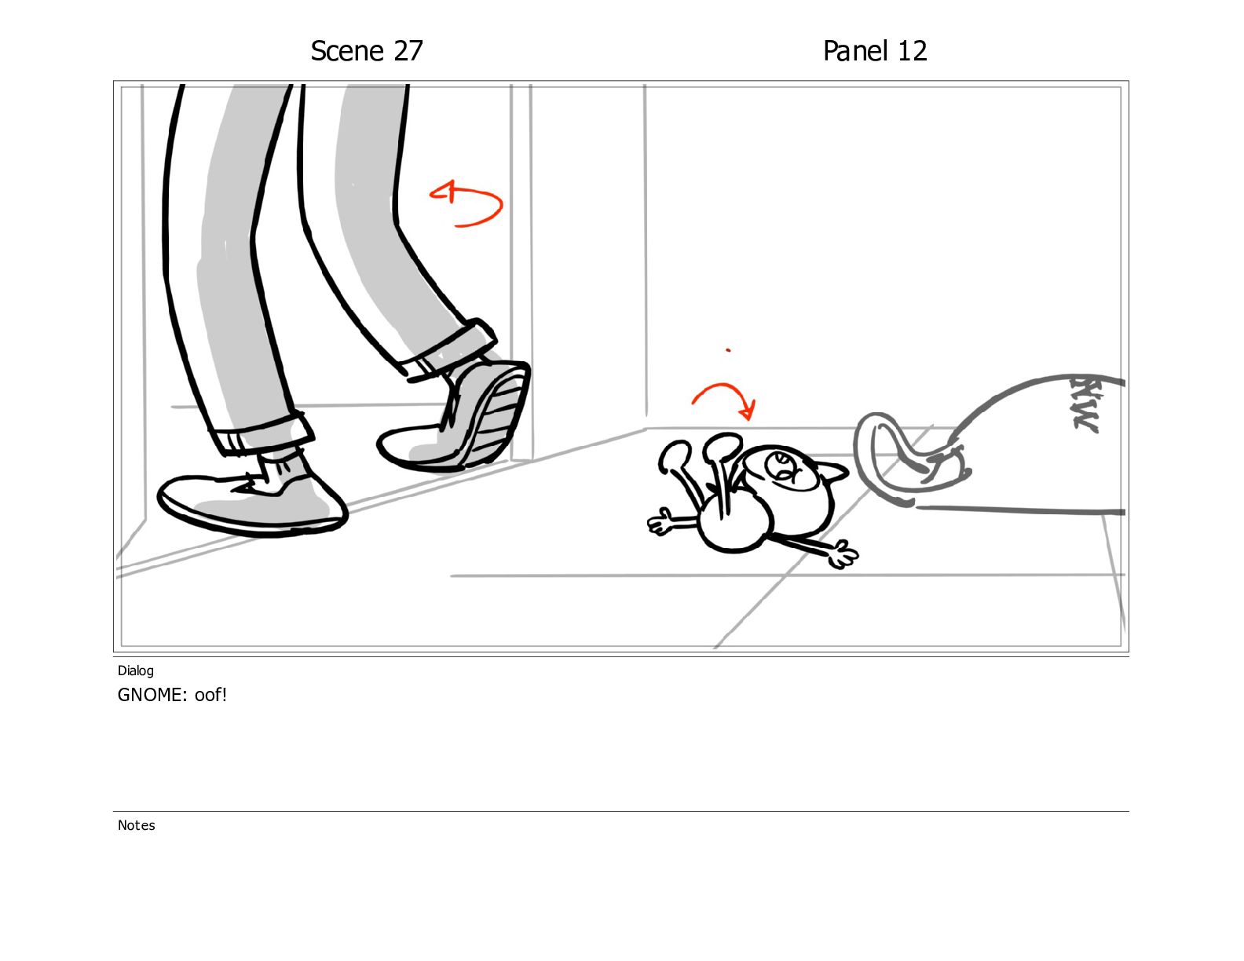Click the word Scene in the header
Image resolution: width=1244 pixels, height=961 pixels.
pyautogui.click(x=347, y=51)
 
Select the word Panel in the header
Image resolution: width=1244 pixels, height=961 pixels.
pyautogui.click(x=855, y=51)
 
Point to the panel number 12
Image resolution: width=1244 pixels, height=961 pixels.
pyautogui.click(x=912, y=51)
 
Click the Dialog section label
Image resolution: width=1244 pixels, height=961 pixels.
pyautogui.click(x=136, y=671)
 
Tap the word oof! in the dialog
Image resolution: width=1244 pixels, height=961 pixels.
pyautogui.click(x=210, y=695)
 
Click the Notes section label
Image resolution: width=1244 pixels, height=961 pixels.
pyautogui.click(x=136, y=825)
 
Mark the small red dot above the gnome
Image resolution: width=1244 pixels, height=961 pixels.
pyautogui.click(x=727, y=349)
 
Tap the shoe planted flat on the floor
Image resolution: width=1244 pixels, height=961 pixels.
pyautogui.click(x=252, y=498)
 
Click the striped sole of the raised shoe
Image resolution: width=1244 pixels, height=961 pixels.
pyautogui.click(x=498, y=418)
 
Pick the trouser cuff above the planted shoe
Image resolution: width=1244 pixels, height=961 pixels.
pyautogui.click(x=261, y=433)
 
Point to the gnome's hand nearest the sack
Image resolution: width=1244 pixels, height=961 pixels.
pyautogui.click(x=843, y=554)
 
